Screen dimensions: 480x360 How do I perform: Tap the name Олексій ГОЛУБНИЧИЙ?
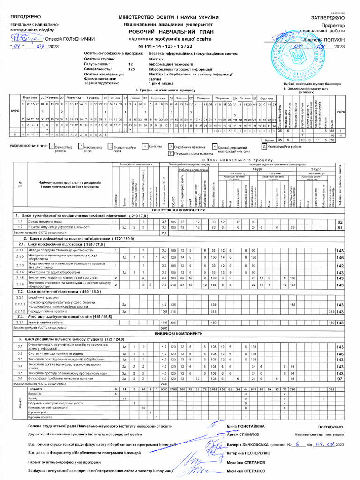70,39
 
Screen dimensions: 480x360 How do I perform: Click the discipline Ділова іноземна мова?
43,221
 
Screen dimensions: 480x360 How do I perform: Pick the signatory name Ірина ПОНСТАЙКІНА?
246,426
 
